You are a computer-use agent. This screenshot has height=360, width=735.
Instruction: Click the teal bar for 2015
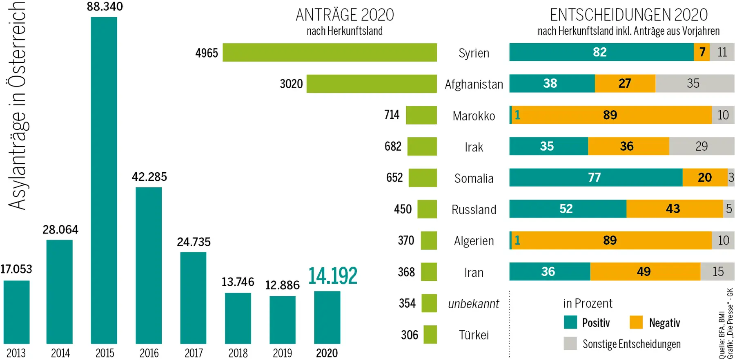(x=104, y=180)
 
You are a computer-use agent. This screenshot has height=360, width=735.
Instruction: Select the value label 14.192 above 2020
(x=332, y=276)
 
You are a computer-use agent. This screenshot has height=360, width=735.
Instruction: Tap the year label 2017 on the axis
(x=194, y=353)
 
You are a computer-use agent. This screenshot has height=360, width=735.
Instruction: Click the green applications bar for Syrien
(x=330, y=53)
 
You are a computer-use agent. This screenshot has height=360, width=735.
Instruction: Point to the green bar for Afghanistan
(x=372, y=84)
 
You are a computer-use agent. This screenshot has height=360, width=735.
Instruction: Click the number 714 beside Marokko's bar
(x=392, y=115)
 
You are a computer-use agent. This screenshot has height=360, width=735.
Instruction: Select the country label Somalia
(x=474, y=178)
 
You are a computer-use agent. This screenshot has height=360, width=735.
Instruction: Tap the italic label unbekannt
(x=474, y=304)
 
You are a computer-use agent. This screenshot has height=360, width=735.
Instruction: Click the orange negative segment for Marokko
(x=611, y=115)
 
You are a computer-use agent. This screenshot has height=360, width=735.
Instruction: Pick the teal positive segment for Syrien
(x=601, y=52)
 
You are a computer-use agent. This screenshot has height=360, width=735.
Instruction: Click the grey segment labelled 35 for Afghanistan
(x=694, y=84)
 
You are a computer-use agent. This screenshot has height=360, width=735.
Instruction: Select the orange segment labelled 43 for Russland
(x=674, y=209)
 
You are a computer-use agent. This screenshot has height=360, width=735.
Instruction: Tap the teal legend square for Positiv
(x=570, y=322)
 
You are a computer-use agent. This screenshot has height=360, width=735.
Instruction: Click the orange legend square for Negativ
(x=636, y=322)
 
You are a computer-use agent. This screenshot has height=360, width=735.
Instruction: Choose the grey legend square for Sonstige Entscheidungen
(x=570, y=344)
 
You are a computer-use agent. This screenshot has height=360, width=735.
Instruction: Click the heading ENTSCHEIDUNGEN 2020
(x=628, y=15)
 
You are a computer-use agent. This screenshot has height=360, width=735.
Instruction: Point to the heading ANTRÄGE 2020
(x=345, y=15)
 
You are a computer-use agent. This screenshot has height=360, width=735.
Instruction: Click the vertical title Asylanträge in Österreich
(x=17, y=106)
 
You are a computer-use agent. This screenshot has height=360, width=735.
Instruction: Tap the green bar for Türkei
(x=430, y=335)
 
